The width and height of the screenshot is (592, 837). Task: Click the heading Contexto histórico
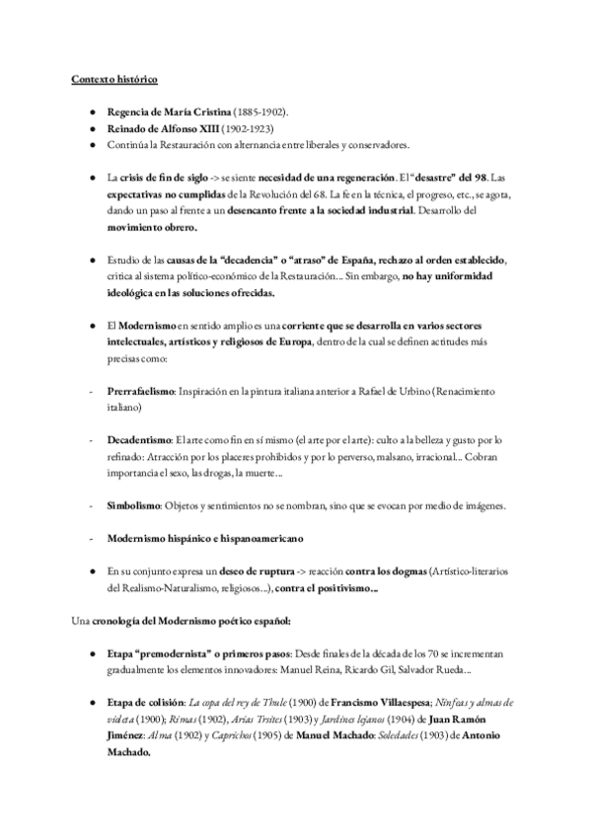pyautogui.click(x=112, y=78)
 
